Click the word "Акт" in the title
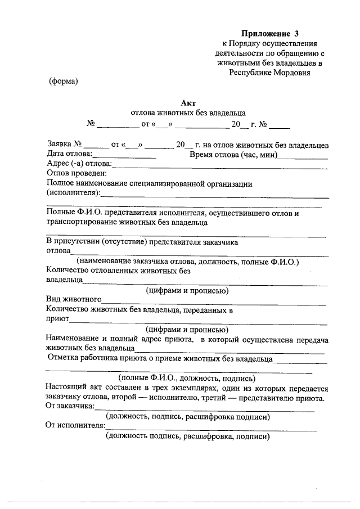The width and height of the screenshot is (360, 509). tap(188, 102)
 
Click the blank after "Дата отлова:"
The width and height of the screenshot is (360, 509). tap(124, 155)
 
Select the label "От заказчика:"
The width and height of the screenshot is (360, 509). tap(70, 406)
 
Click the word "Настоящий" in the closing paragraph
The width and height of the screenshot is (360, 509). tap(65, 388)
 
